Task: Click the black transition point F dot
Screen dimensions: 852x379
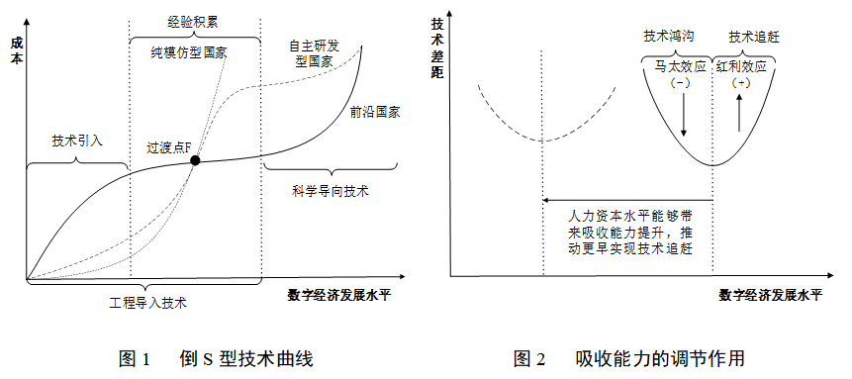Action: pyautogui.click(x=196, y=160)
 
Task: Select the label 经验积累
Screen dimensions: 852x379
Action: pyautogui.click(x=194, y=20)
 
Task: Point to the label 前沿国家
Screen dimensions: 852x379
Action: pyautogui.click(x=375, y=112)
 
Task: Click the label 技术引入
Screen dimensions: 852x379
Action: pyautogui.click(x=77, y=141)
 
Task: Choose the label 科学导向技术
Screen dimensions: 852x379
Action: pyautogui.click(x=330, y=190)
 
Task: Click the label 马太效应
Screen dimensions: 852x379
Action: pyautogui.click(x=680, y=68)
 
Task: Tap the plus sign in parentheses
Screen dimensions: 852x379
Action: pyautogui.click(x=741, y=84)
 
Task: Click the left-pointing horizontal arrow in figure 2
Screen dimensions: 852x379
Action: pyautogui.click(x=627, y=198)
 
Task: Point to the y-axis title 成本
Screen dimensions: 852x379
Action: pyautogui.click(x=16, y=51)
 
